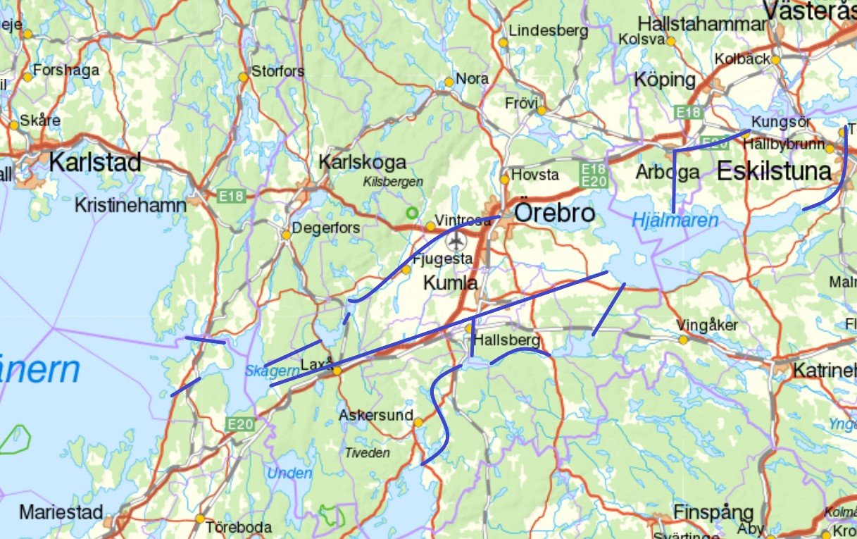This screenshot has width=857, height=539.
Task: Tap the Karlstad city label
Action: pyautogui.click(x=95, y=162)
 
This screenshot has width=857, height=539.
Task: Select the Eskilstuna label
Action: pyautogui.click(x=774, y=171)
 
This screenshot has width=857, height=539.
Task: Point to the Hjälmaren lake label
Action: pyautogui.click(x=675, y=220)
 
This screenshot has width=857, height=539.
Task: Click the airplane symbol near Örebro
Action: pyautogui.click(x=458, y=242)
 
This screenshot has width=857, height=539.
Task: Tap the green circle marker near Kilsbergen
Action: pyautogui.click(x=411, y=211)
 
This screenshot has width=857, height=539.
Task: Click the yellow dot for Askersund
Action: pyautogui.click(x=418, y=423)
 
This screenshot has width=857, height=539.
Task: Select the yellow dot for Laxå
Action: pyautogui.click(x=337, y=371)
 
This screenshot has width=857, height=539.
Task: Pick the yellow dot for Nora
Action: pyautogui.click(x=449, y=82)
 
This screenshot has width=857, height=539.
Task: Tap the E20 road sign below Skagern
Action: pyautogui.click(x=239, y=423)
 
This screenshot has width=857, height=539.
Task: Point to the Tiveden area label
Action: pyautogui.click(x=367, y=453)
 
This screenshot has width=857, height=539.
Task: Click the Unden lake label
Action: pyautogui.click(x=289, y=473)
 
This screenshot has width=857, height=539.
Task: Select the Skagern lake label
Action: pyautogui.click(x=263, y=371)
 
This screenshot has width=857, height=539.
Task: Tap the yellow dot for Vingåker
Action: pyautogui.click(x=683, y=340)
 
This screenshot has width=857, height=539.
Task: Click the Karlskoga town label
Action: pyautogui.click(x=362, y=162)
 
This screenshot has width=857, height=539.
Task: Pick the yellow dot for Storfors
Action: pyautogui.click(x=243, y=77)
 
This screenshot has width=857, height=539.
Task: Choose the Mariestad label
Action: pyautogui.click(x=61, y=512)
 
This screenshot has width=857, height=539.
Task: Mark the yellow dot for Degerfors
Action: pyautogui.click(x=287, y=235)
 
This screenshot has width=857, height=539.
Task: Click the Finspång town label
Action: pyautogui.click(x=713, y=512)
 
